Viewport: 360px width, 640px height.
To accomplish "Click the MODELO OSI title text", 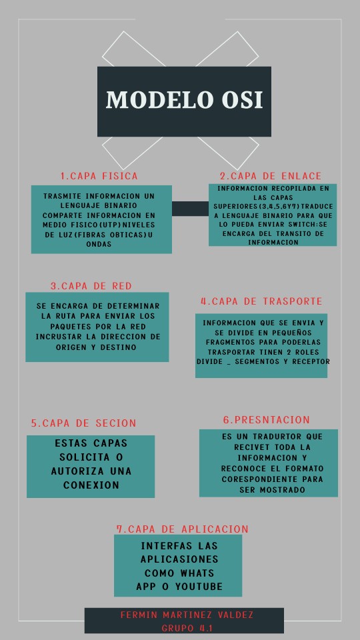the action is click(185, 100).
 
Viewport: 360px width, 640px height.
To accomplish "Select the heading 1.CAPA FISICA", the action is click(99, 176).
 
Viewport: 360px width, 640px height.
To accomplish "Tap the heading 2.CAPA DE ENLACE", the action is click(271, 176).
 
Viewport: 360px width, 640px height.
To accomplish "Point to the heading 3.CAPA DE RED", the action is click(91, 286).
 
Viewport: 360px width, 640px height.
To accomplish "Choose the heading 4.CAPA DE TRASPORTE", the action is click(261, 301).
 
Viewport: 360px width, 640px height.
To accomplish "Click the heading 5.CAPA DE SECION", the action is click(83, 423).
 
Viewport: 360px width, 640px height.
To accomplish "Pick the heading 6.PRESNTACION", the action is click(267, 420).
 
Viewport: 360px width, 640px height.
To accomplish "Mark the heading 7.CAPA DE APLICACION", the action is click(183, 529).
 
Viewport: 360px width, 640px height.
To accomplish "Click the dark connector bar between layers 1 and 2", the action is click(190, 209).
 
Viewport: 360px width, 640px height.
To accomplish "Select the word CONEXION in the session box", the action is click(91, 485).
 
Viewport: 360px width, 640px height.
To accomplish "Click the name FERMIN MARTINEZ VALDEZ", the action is click(187, 615).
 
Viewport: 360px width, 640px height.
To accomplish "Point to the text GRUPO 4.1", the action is click(187, 628).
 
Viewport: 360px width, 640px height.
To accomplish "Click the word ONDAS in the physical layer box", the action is click(98, 244).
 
